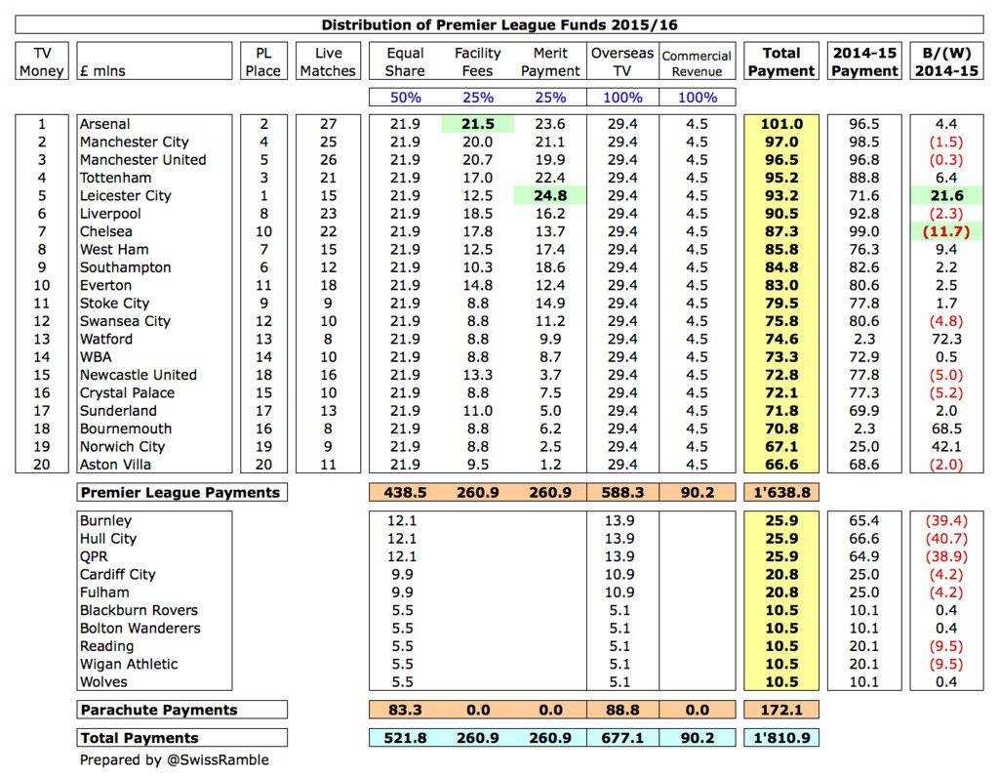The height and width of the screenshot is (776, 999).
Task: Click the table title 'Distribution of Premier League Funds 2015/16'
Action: click(x=499, y=24)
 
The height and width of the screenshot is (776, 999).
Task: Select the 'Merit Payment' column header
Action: click(x=550, y=61)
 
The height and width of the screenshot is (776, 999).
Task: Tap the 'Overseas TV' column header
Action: click(x=622, y=61)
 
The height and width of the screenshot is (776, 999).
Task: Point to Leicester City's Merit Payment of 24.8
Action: click(x=550, y=195)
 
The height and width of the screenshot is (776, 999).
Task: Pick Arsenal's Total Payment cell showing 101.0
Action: click(x=780, y=124)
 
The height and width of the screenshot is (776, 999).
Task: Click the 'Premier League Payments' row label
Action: click(x=180, y=493)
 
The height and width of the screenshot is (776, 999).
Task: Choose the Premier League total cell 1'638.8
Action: click(x=780, y=493)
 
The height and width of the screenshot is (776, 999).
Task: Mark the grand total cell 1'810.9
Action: click(x=780, y=738)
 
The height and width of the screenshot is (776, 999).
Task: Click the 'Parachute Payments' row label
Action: click(x=158, y=710)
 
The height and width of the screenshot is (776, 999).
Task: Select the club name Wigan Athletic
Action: click(x=129, y=664)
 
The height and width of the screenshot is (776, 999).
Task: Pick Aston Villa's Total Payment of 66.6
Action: click(x=780, y=465)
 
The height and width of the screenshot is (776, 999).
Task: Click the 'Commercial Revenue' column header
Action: click(x=697, y=61)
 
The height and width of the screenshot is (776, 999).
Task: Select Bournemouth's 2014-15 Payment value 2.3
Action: click(x=863, y=429)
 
